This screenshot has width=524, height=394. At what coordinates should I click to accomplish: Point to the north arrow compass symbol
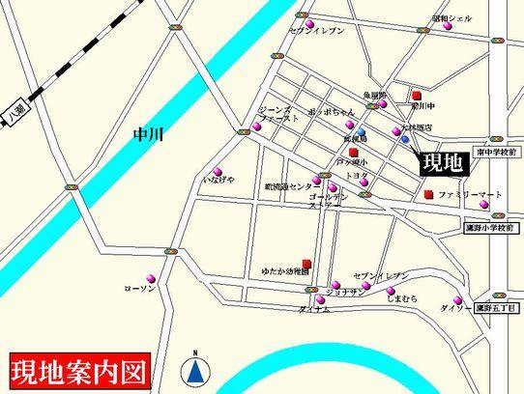(196, 368)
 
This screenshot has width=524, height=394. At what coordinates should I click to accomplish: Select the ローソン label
(141, 289)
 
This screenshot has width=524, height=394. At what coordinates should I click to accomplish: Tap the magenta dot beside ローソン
(149, 274)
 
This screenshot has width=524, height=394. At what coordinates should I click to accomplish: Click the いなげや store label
(218, 180)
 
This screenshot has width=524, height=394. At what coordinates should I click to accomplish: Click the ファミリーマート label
(470, 195)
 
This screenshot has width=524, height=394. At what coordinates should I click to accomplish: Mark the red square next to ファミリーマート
(428, 195)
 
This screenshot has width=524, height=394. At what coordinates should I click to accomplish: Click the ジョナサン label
(344, 291)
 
